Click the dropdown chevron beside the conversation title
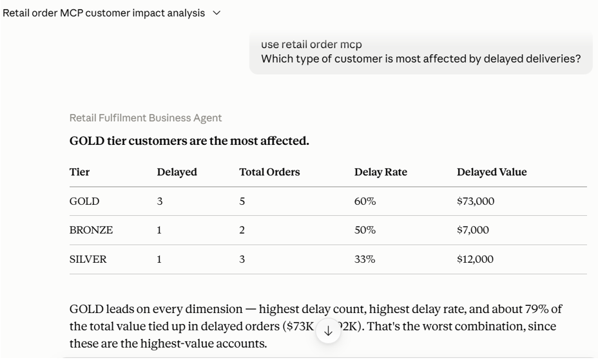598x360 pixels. [217, 13]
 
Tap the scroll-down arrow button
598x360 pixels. [328, 331]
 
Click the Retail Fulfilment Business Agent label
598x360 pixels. [145, 118]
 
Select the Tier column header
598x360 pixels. [79, 172]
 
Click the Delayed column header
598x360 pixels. [177, 172]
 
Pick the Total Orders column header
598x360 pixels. [269, 172]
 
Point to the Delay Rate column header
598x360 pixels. [381, 172]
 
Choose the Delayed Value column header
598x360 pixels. [492, 172]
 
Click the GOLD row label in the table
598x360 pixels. [84, 201]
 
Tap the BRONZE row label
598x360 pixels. [91, 230]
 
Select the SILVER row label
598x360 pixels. [88, 260]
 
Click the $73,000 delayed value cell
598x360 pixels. [476, 201]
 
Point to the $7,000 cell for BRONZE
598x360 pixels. [473, 230]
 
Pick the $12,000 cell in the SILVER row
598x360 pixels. [475, 260]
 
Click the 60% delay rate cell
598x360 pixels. [365, 201]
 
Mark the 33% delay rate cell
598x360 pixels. [365, 260]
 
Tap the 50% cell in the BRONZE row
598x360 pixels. [365, 230]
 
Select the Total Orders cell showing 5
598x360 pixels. [242, 201]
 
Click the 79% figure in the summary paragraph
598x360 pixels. [537, 309]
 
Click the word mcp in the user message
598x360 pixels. [351, 45]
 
